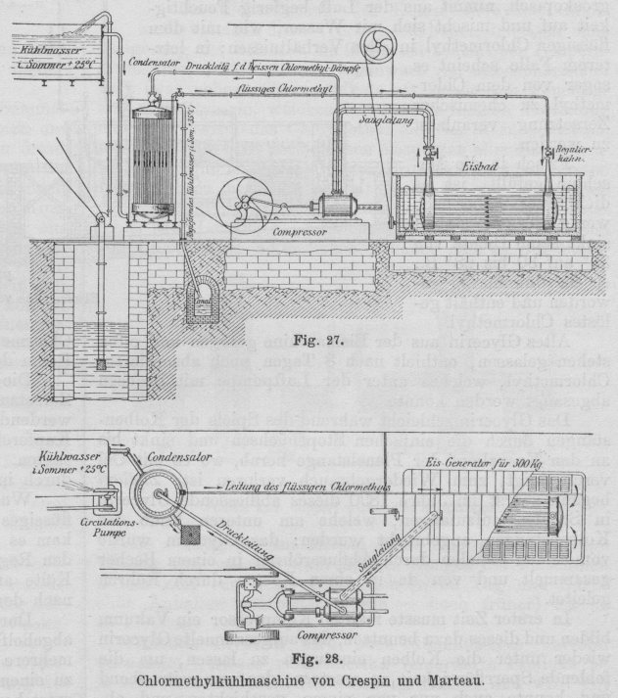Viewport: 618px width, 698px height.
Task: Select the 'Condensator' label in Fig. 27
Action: tap(155, 62)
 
